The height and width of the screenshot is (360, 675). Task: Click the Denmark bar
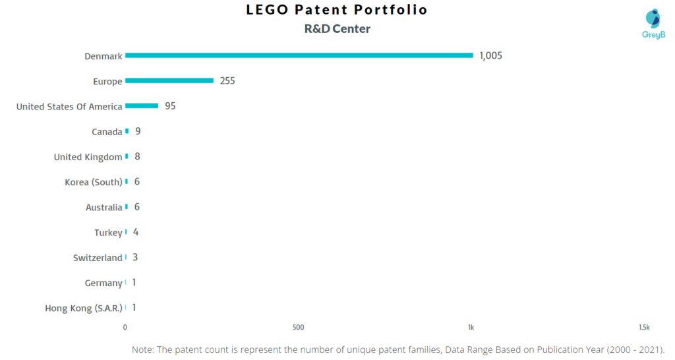tap(299, 55)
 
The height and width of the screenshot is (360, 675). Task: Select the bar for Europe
tap(169, 80)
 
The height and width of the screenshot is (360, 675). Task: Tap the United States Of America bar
tap(142, 105)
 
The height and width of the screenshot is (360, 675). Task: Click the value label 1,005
tap(490, 55)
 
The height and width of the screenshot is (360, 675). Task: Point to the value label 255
tap(227, 81)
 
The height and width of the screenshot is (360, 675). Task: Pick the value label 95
tap(170, 106)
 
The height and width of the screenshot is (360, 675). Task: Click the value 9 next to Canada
tap(138, 131)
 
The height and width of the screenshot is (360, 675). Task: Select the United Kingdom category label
tap(88, 157)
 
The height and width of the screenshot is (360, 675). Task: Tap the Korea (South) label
tap(93, 182)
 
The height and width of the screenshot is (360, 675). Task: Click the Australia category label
tap(103, 207)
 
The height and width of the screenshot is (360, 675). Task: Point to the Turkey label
tap(108, 232)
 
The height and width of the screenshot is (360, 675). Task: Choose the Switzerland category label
tap(98, 258)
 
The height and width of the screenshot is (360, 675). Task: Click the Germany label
tap(103, 283)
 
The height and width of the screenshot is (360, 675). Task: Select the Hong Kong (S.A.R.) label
tap(84, 308)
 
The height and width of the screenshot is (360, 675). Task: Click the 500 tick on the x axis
tap(298, 327)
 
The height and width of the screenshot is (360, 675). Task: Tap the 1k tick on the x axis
tap(471, 327)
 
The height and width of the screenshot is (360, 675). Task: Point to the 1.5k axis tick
tap(644, 327)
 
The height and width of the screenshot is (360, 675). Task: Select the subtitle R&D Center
tap(337, 28)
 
